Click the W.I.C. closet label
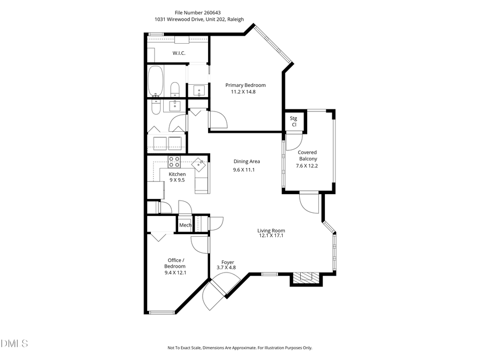[179, 53]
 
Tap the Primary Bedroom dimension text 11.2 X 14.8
[245, 92]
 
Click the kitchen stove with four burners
[174, 162]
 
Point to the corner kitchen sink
[199, 164]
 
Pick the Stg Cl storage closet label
[293, 121]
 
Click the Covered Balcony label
[307, 156]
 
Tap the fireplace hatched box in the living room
[306, 277]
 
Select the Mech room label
[185, 226]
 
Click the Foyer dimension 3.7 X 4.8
[226, 268]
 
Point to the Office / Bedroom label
[175, 263]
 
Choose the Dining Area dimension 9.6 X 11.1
[244, 170]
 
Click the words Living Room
[271, 230]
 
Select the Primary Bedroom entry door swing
[218, 120]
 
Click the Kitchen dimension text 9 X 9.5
[177, 180]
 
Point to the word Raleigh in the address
[235, 19]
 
